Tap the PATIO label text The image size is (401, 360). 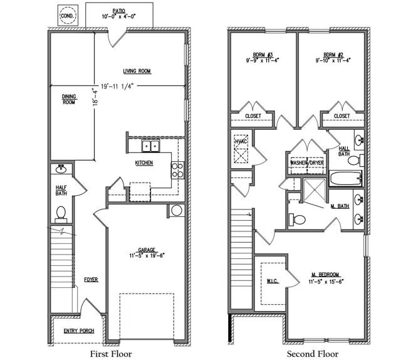click(x=119, y=11)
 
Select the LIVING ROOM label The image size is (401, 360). click(x=137, y=71)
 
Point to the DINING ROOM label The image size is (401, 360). click(x=69, y=99)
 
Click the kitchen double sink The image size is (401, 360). click(x=151, y=146)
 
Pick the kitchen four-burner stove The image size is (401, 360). click(x=177, y=170)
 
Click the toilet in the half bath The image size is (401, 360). click(x=61, y=214)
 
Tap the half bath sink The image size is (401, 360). click(x=61, y=169)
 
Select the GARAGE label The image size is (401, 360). click(x=147, y=250)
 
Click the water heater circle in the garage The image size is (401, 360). click(x=177, y=211)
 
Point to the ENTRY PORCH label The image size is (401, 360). click(x=79, y=331)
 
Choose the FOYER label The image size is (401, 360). click(x=91, y=279)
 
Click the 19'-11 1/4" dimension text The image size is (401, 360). click(x=117, y=87)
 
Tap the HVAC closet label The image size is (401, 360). click(x=241, y=141)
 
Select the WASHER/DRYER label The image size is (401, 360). click(x=307, y=162)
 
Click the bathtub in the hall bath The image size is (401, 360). click(x=346, y=179)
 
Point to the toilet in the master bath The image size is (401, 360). click(x=297, y=220)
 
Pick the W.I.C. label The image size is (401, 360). click(x=273, y=281)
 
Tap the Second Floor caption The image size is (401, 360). click(x=313, y=354)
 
